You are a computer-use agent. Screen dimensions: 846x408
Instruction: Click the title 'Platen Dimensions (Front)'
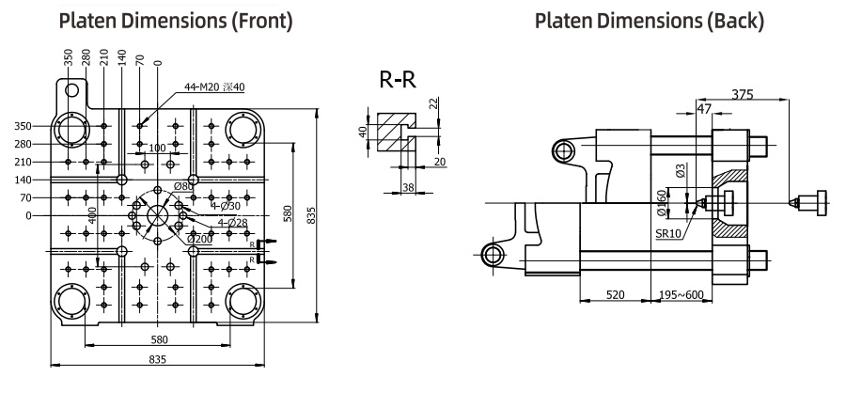coord(176,21)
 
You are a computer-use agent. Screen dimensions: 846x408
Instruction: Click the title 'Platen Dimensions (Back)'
coord(650,21)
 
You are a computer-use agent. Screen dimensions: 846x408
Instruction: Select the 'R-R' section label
coord(398,80)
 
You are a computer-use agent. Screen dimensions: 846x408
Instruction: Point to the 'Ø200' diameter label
coord(198,239)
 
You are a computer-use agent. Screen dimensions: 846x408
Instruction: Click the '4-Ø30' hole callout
coord(226,206)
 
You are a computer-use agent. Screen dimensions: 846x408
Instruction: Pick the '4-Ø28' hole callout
coord(232,223)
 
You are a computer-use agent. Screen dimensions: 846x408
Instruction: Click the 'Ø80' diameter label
coord(183,187)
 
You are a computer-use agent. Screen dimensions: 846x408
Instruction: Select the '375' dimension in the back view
coord(743,94)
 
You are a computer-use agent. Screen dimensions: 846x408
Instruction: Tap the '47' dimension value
coord(704,109)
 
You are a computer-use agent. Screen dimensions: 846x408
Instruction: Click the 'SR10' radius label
coord(668,234)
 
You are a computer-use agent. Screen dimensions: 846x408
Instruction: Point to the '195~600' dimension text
coord(681,294)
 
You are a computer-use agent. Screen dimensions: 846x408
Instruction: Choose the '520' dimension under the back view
coord(615,294)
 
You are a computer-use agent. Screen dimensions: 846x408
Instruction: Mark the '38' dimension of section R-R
coord(409,187)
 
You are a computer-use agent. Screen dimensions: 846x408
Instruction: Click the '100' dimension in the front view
coord(157,148)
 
